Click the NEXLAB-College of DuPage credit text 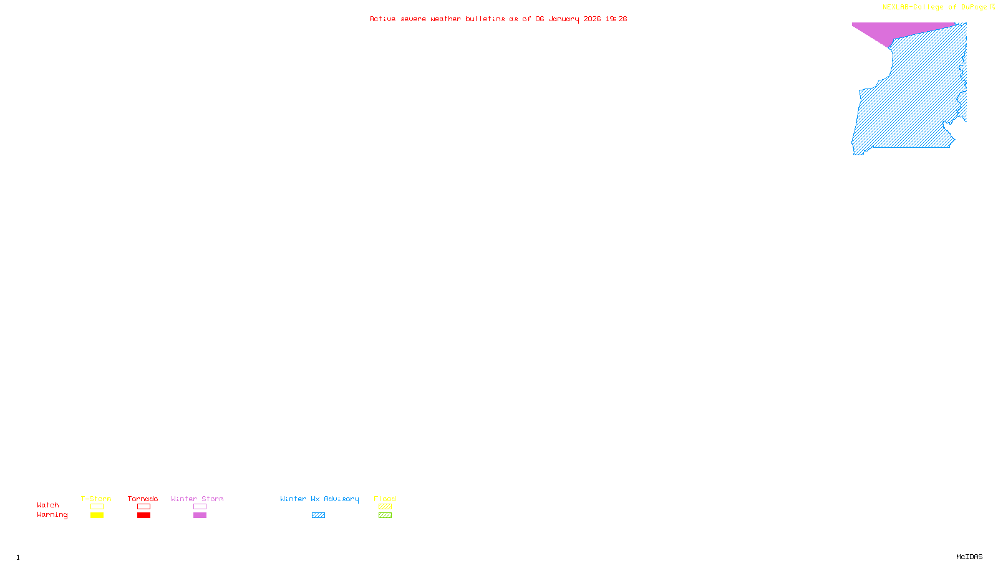pyautogui.click(x=934, y=7)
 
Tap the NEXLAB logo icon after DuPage pyautogui.click(x=992, y=7)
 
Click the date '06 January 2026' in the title pyautogui.click(x=568, y=19)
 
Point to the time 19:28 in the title pyautogui.click(x=616, y=19)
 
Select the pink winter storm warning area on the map pyautogui.click(x=886, y=31)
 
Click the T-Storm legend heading pyautogui.click(x=96, y=499)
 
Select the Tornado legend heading pyautogui.click(x=143, y=499)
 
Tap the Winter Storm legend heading pyautogui.click(x=197, y=499)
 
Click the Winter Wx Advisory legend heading pyautogui.click(x=319, y=499)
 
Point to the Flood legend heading pyautogui.click(x=385, y=499)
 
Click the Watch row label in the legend pyautogui.click(x=48, y=505)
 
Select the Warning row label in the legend pyautogui.click(x=52, y=515)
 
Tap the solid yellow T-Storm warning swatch pyautogui.click(x=97, y=515)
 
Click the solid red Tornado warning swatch pyautogui.click(x=143, y=515)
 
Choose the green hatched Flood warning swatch pyautogui.click(x=385, y=515)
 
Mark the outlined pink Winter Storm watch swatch pyautogui.click(x=200, y=507)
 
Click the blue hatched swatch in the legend pyautogui.click(x=318, y=515)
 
